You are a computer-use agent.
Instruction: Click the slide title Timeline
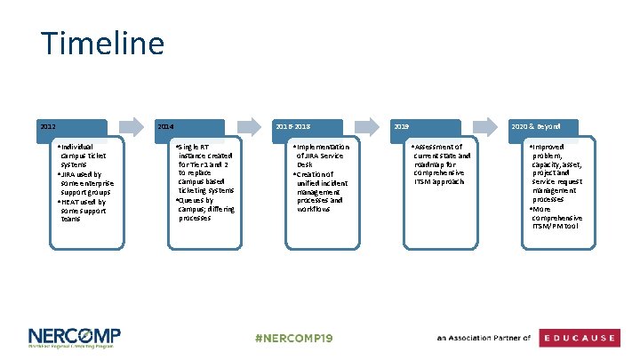tap(102, 44)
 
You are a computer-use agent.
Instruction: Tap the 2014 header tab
tap(189, 128)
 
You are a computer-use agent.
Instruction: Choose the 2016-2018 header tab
tap(308, 128)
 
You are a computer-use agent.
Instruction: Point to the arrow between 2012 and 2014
tap(132, 127)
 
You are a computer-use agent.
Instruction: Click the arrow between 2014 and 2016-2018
tap(249, 127)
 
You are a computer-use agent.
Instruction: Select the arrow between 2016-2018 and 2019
tap(367, 127)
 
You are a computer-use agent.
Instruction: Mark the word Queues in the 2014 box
tap(192, 200)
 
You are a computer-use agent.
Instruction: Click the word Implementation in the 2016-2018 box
tap(324, 147)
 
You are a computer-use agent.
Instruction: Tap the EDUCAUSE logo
tap(581, 338)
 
